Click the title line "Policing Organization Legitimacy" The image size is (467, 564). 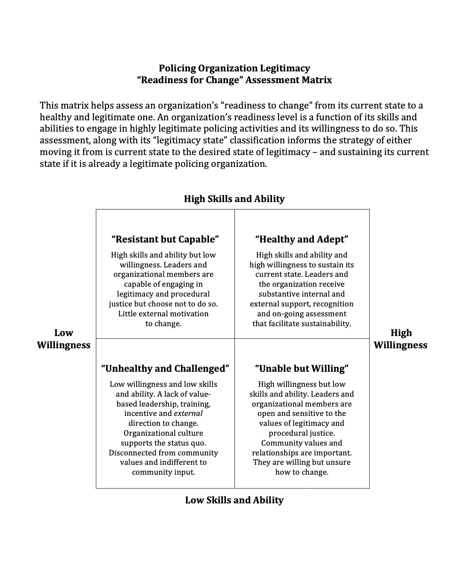[234, 68]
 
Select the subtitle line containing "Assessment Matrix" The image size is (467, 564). [234, 80]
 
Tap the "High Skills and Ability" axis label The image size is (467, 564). [234, 199]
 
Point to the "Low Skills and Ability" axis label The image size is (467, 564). [234, 500]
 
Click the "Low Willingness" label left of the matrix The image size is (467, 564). [63, 339]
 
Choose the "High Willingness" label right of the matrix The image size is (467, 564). [400, 339]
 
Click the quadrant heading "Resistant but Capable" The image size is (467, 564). [165, 239]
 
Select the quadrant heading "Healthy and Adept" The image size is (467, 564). [302, 239]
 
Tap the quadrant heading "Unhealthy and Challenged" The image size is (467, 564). [165, 368]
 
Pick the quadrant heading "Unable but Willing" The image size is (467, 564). [302, 368]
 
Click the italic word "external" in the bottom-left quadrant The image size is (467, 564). [188, 414]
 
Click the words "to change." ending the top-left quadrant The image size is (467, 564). [163, 323]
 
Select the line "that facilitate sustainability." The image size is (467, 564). [302, 323]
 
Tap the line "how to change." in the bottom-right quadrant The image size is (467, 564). [302, 472]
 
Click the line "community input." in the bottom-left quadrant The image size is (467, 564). [163, 472]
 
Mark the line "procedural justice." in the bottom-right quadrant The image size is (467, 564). [302, 433]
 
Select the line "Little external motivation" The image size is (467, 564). [163, 313]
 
